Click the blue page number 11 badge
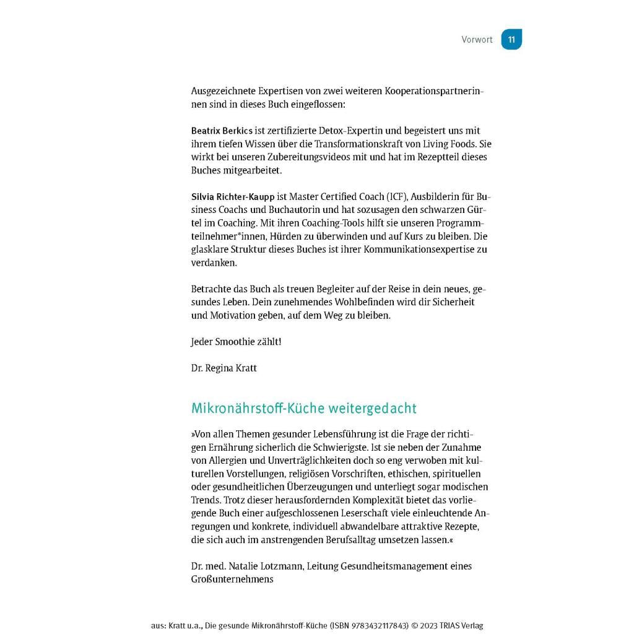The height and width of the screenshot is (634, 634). click(511, 40)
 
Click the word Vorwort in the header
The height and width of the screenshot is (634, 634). click(477, 40)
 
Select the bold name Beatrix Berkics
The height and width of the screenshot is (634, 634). click(222, 131)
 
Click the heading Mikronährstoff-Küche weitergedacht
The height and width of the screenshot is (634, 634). click(303, 409)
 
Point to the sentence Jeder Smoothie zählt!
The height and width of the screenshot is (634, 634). click(236, 342)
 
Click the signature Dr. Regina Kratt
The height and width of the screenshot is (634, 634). click(224, 368)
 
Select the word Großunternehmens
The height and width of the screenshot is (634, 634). click(232, 580)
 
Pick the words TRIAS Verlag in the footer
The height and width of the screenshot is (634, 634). click(464, 626)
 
